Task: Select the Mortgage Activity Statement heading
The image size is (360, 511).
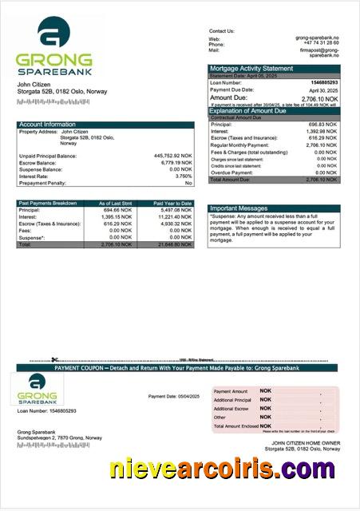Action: (251, 69)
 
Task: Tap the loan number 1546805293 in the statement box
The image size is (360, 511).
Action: (324, 83)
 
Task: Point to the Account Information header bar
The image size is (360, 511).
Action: (105, 125)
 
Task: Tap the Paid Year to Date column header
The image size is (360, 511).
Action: (172, 204)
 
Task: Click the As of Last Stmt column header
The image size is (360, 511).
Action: (115, 204)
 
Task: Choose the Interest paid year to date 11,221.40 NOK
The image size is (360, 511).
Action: (175, 217)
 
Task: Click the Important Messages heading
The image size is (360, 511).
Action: (239, 208)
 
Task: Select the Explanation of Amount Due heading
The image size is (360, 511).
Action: (253, 111)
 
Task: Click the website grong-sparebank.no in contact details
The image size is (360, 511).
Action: (318, 38)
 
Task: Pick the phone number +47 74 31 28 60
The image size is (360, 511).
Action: (321, 43)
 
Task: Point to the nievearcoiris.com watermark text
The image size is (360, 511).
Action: (223, 469)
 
